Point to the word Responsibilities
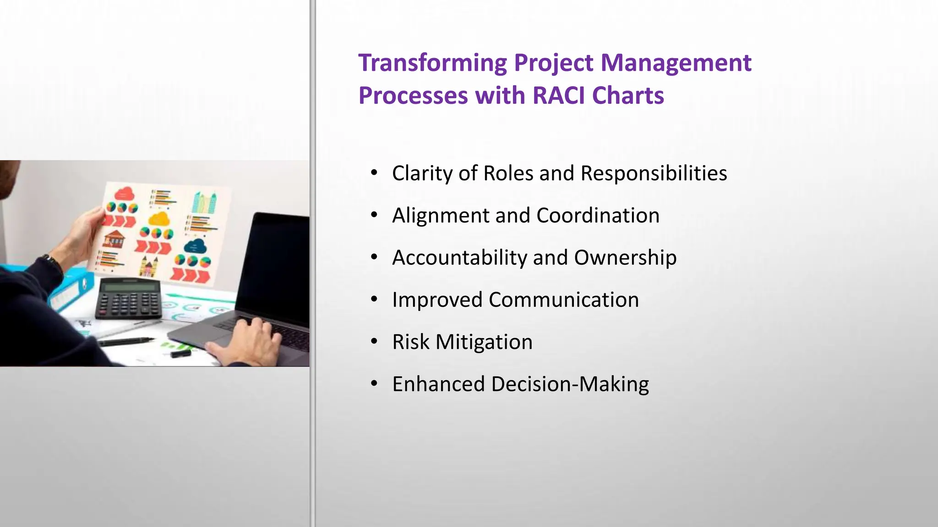pos(654,174)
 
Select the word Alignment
pos(440,216)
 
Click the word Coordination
pos(598,216)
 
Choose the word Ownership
pos(625,258)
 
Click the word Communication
pos(563,300)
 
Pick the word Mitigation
pos(484,342)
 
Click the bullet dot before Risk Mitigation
pos(374,341)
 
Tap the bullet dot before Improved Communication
pos(374,299)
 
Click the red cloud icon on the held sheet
pos(124,194)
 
